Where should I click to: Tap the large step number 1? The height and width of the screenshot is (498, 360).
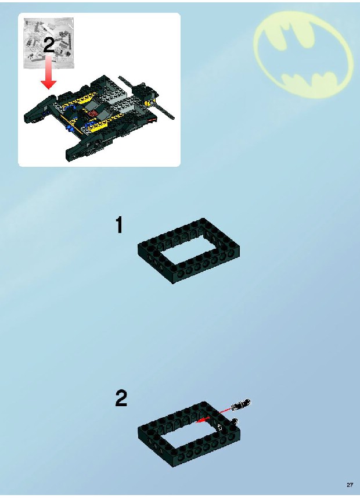[119, 225]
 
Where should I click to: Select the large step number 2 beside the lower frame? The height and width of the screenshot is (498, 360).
[121, 398]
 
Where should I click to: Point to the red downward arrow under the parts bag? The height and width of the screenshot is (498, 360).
[49, 72]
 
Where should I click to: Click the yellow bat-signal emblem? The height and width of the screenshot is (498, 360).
[303, 54]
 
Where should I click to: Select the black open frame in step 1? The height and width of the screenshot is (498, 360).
[189, 250]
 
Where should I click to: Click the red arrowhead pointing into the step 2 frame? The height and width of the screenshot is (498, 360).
[200, 421]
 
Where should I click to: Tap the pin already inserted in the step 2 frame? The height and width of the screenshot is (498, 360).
[235, 422]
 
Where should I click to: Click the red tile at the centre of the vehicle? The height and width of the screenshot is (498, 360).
[93, 114]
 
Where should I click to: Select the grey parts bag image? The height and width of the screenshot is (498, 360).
[49, 43]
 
